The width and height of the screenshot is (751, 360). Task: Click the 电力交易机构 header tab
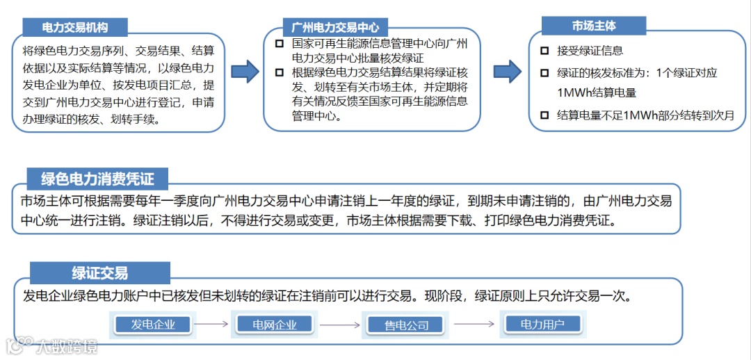pyautogui.click(x=75, y=27)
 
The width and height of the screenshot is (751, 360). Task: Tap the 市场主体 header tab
pyautogui.click(x=594, y=26)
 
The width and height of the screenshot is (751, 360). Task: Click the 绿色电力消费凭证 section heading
pyautogui.click(x=97, y=179)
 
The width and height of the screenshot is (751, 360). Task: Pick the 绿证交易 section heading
pyautogui.click(x=99, y=272)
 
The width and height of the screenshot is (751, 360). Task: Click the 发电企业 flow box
pyautogui.click(x=153, y=324)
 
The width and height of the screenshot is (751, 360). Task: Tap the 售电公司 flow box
pyautogui.click(x=407, y=325)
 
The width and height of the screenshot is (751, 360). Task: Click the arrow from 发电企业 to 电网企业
pyautogui.click(x=211, y=324)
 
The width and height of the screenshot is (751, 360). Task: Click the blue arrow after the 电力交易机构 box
pyautogui.click(x=244, y=71)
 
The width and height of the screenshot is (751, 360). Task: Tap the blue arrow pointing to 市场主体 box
pyautogui.click(x=507, y=71)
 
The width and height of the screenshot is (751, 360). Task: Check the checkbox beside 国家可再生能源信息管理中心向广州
pyautogui.click(x=280, y=44)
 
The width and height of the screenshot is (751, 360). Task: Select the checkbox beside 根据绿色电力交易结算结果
pyautogui.click(x=280, y=72)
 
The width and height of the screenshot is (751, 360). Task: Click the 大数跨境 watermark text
pyautogui.click(x=67, y=345)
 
